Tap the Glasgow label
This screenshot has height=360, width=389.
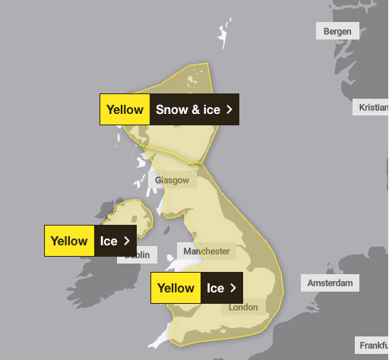click(172, 180)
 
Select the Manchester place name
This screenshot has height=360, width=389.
click(205, 251)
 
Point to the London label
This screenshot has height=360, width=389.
click(243, 308)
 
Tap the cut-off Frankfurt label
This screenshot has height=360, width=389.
click(374, 345)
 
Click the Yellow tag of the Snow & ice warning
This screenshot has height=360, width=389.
click(125, 109)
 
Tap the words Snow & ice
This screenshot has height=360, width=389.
click(188, 109)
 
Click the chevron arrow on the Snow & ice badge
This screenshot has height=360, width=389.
click(229, 109)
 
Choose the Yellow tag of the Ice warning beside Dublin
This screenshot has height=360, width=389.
click(69, 241)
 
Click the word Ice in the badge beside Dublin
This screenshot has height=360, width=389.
click(109, 241)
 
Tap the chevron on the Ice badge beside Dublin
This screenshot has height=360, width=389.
click(126, 241)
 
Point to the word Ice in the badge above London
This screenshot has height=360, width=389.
click(216, 288)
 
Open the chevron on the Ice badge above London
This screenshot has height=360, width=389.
click(232, 288)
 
